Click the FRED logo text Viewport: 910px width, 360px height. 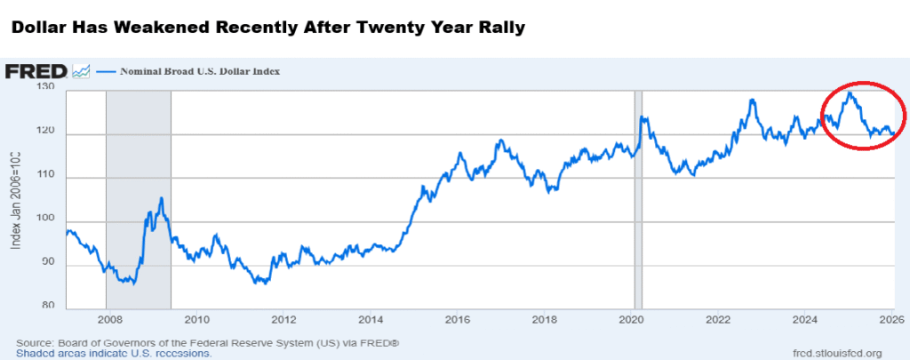pos(36,71)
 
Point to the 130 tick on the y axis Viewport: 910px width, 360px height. pos(46,88)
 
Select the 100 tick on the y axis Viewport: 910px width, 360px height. pos(46,220)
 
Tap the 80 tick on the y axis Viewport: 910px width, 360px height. pos(46,307)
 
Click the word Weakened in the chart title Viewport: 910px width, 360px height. pos(173,28)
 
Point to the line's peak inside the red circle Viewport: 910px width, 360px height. pos(850,92)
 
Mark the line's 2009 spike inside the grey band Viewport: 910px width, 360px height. pos(161,198)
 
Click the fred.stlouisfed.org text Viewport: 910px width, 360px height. pos(836,352)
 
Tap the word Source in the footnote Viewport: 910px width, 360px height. pos(35,342)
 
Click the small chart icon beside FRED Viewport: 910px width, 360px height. pos(81,71)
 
